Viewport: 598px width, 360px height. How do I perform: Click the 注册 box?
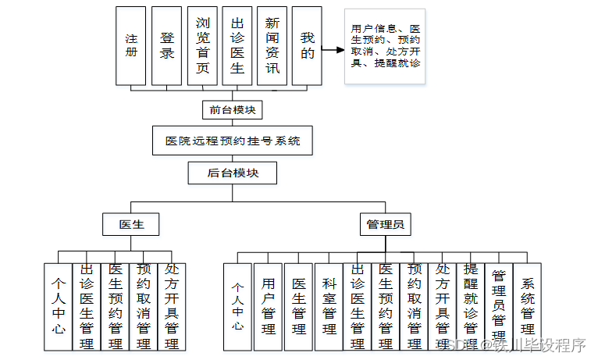131,45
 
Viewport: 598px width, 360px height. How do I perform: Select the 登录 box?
166,45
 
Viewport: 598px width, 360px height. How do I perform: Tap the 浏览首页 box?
202,45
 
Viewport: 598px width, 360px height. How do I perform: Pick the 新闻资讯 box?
272,45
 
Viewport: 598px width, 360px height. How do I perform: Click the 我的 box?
308,45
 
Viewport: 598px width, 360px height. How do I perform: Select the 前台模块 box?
232,110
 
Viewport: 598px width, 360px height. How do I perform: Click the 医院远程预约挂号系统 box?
233,142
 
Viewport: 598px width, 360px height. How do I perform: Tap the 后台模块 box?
233,173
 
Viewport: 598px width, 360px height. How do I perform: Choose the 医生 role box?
131,225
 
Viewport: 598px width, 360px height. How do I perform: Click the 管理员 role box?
386,225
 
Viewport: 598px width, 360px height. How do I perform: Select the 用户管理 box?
269,306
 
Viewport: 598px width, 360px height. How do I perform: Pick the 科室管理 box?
329,306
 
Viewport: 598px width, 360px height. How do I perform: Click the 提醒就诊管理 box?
470,306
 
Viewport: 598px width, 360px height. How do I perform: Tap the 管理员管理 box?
499,306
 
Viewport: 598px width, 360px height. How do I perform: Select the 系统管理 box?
528,306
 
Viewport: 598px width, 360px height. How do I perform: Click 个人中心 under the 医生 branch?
59,306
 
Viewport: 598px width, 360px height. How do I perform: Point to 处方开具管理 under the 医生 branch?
172,306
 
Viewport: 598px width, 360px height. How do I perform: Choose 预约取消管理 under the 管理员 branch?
414,306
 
